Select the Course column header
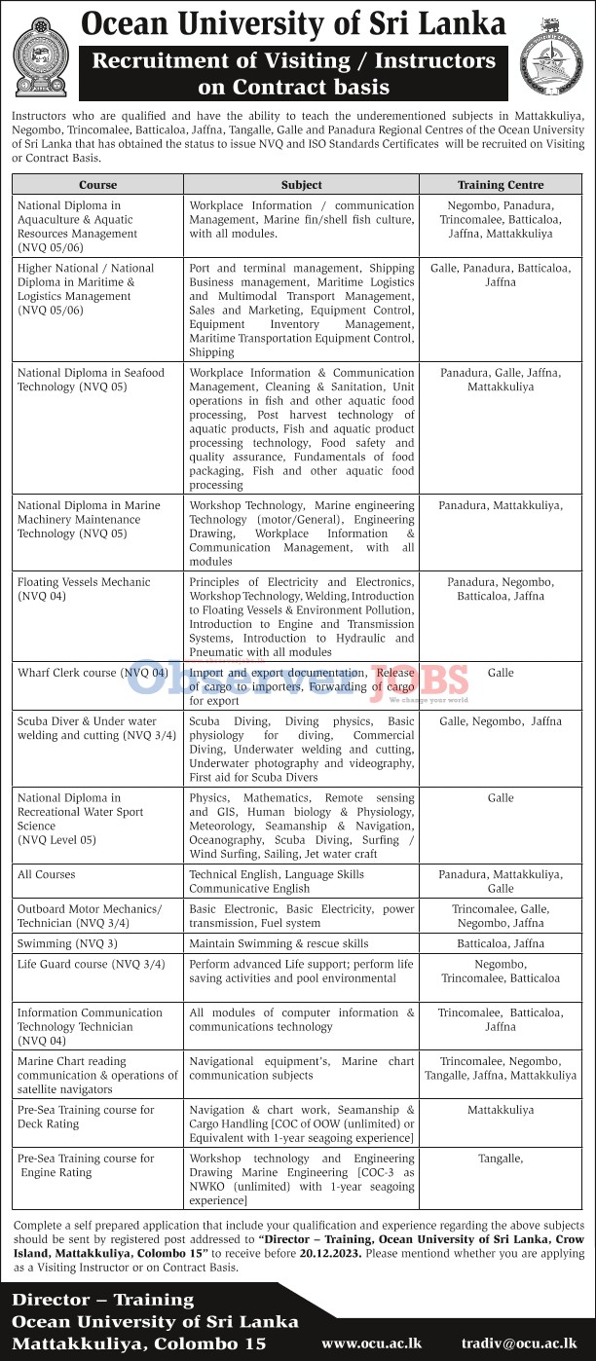point(97,185)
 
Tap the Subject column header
point(301,185)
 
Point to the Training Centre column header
point(501,185)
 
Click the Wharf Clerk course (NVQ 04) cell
point(93,673)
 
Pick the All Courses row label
point(46,875)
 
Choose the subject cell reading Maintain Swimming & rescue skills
point(279,943)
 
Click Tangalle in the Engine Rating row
point(501,1159)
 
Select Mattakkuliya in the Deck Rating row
point(501,1110)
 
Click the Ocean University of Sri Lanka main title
point(293,23)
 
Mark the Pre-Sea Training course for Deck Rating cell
point(86,1117)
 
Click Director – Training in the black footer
point(102,1300)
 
